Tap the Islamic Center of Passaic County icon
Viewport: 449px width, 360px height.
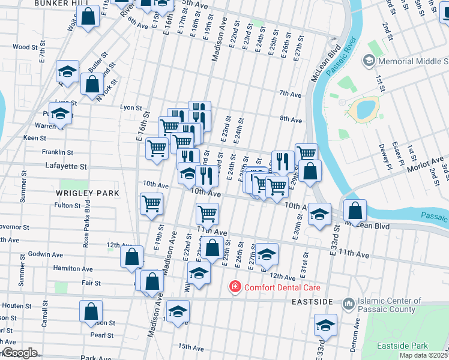tap(348, 305)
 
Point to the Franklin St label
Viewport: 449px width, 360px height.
tap(57, 152)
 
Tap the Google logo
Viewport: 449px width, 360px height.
tap(19, 353)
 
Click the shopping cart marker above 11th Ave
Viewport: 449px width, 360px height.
tap(207, 213)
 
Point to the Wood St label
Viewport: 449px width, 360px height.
tap(25, 47)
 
